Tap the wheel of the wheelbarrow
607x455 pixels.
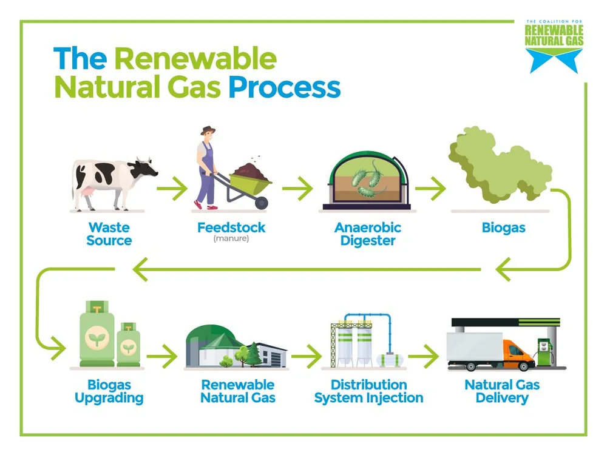tap(261, 203)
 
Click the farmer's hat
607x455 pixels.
tap(209, 130)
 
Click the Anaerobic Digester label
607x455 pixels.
tap(367, 234)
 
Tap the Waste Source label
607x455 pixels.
tap(109, 234)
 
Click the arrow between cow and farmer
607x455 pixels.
tap(172, 189)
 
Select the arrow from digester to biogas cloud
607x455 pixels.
tap(430, 189)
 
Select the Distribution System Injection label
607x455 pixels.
tap(368, 392)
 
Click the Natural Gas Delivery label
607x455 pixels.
tap(502, 392)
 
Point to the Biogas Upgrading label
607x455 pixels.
tap(109, 392)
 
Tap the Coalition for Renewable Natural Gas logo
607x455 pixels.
tap(554, 45)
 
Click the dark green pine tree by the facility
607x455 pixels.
tap(253, 352)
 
